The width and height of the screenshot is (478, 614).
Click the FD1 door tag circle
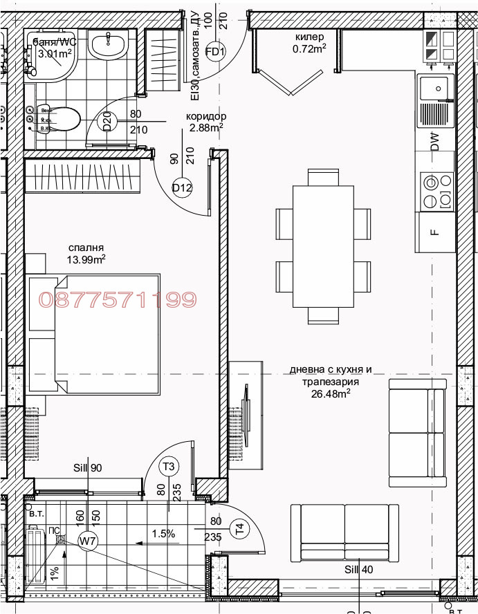[217, 52]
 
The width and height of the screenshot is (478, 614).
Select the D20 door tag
[108, 122]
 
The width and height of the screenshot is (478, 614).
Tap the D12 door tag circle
[182, 187]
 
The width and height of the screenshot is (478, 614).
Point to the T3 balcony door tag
[168, 466]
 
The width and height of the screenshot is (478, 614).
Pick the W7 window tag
[87, 540]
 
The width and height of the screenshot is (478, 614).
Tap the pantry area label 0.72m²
[309, 48]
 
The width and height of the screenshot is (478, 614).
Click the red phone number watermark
[118, 299]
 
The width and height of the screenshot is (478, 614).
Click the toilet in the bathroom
[59, 120]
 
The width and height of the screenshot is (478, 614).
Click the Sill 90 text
[88, 468]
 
